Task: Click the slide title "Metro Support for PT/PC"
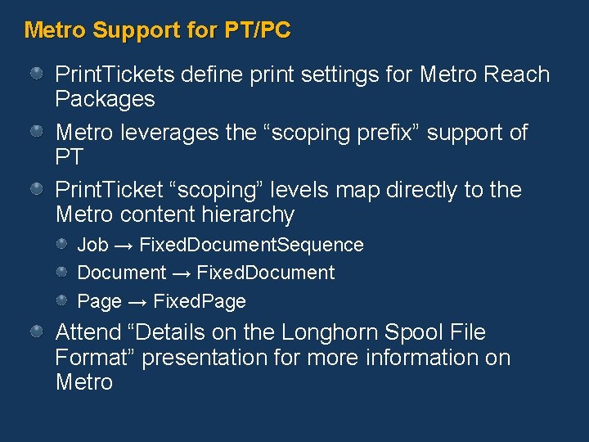coord(157,31)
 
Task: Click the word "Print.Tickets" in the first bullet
coord(115,74)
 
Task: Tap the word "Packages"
coord(105,100)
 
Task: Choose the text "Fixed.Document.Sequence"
coord(251,245)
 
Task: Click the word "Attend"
coord(90,333)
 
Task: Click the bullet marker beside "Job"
coord(63,244)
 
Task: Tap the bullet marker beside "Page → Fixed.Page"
coord(63,300)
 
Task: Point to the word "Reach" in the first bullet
coord(516,74)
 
